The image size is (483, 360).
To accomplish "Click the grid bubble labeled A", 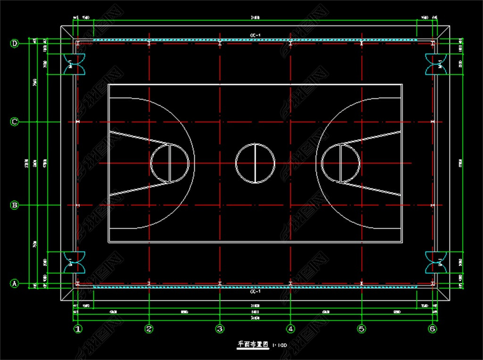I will tap(15, 284).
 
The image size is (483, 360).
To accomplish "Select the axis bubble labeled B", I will tap(15, 205).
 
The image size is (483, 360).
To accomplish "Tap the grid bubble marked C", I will tap(15, 122).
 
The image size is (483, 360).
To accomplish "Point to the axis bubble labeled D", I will tap(15, 43).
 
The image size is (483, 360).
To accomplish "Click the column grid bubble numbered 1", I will tap(77, 329).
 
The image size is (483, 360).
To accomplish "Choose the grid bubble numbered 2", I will tap(149, 329).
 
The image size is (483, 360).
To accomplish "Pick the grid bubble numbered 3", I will tap(219, 329).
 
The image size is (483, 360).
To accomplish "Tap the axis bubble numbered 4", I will tap(291, 329).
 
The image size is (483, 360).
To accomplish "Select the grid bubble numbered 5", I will tap(361, 329).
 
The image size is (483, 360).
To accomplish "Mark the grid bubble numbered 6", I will tap(432, 329).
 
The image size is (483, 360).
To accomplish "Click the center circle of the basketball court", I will tap(255, 164).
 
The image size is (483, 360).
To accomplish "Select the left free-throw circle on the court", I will tap(170, 164).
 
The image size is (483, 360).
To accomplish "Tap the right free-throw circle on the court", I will tap(340, 164).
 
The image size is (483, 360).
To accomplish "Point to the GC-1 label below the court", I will tap(255, 292).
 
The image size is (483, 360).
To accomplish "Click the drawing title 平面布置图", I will tap(253, 345).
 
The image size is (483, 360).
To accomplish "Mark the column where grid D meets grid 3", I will tap(220, 43).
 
